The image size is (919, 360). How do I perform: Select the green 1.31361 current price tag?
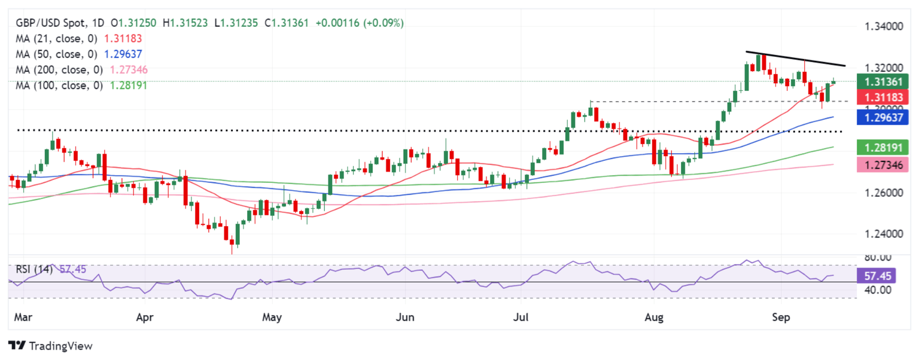(883, 82)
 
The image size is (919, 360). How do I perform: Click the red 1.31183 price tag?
(883, 97)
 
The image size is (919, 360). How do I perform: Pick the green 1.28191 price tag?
(883, 147)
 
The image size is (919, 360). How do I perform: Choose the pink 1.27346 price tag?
(883, 163)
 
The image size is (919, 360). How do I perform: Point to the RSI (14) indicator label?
(34, 270)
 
